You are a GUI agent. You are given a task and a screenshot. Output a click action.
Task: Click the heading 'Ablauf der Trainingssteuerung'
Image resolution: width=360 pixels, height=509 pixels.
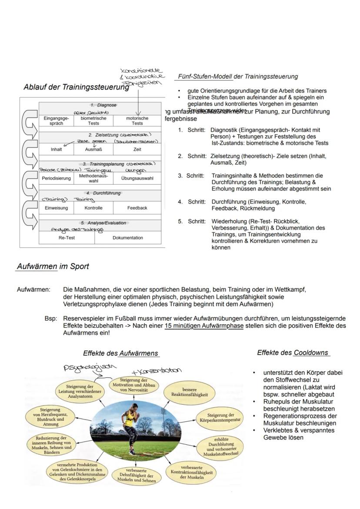pyautogui.click(x=76, y=87)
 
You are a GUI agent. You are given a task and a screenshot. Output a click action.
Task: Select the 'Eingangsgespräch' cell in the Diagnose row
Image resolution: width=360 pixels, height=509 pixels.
pyautogui.click(x=56, y=120)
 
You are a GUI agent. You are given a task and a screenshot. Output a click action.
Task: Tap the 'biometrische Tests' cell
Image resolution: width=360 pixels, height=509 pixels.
pyautogui.click(x=93, y=120)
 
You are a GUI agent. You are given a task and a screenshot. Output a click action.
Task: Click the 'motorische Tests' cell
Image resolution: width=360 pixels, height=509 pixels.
pyautogui.click(x=137, y=120)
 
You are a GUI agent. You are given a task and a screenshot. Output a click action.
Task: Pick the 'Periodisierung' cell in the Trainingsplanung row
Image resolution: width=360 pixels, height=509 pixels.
pyautogui.click(x=56, y=178)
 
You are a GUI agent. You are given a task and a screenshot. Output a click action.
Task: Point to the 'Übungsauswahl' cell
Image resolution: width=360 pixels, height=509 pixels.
pyautogui.click(x=137, y=178)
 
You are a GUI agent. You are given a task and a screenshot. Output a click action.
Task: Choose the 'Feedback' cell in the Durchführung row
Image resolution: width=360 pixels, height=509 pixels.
pyautogui.click(x=137, y=208)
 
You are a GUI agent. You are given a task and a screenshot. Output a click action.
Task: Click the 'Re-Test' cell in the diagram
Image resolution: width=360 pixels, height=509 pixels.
pyautogui.click(x=67, y=238)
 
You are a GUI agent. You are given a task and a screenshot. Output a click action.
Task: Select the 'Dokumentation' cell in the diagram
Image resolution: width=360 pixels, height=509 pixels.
pyautogui.click(x=128, y=238)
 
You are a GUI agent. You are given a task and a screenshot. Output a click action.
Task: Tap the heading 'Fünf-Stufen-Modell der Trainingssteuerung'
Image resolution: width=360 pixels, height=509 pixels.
pyautogui.click(x=238, y=77)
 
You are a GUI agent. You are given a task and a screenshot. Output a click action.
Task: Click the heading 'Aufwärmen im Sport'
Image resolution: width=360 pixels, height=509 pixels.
pyautogui.click(x=53, y=266)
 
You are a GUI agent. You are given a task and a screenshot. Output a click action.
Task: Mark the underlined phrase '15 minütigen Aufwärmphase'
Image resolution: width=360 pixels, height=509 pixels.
pyautogui.click(x=204, y=325)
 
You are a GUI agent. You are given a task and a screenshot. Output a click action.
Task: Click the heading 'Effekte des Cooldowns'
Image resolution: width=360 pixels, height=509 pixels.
pyautogui.click(x=293, y=353)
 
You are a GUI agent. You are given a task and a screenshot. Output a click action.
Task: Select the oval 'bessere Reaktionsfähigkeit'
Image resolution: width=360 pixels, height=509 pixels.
pyautogui.click(x=190, y=392)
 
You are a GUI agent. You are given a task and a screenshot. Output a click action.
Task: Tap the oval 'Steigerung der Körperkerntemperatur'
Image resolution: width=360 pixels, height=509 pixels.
pyautogui.click(x=221, y=418)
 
